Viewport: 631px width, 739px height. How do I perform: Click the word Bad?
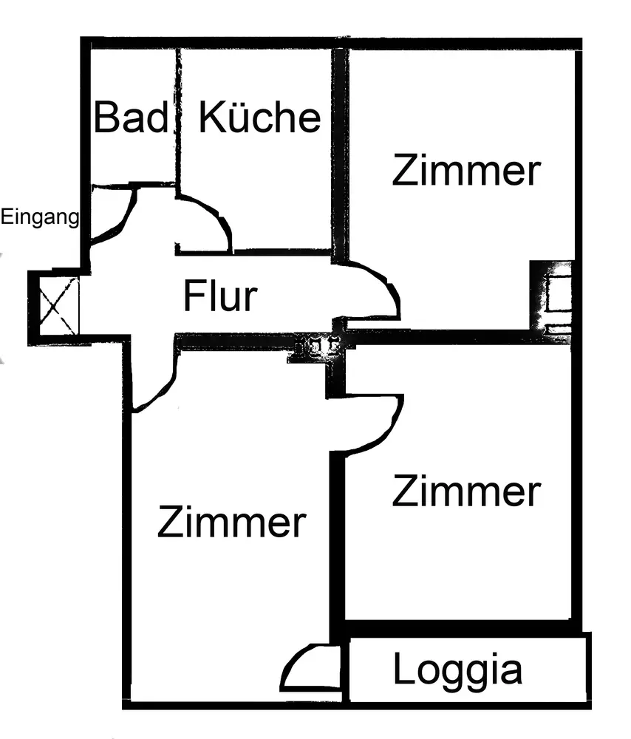[130, 118]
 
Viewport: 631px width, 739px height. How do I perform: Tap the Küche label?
[260, 118]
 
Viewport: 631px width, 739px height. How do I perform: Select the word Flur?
[220, 296]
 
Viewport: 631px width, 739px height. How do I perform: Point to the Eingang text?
[39, 217]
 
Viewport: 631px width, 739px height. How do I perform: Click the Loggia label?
[457, 670]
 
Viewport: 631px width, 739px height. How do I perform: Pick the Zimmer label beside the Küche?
[466, 171]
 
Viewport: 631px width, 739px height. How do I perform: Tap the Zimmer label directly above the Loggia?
[466, 491]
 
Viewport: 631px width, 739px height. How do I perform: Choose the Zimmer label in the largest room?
[231, 523]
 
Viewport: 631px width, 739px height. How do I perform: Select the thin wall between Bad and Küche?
[177, 111]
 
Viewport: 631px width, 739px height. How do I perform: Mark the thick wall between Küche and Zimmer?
[339, 148]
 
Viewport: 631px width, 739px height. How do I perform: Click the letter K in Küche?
[210, 118]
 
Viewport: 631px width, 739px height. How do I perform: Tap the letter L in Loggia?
[403, 670]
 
